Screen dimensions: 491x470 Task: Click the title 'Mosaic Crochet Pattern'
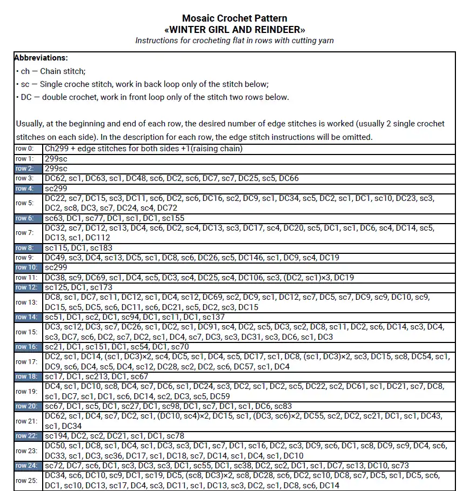[x=234, y=18]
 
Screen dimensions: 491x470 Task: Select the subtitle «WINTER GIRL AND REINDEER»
[x=234, y=29]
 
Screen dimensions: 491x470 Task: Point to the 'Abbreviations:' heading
[x=41, y=58]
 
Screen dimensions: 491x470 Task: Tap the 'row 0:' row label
[x=24, y=149]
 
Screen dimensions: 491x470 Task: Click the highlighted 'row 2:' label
[x=24, y=169]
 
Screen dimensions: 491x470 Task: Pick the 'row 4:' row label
[x=24, y=189]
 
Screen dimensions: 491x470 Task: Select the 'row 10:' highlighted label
[x=26, y=267]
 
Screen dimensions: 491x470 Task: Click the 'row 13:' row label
[x=26, y=302]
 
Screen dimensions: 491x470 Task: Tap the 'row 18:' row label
[x=26, y=376]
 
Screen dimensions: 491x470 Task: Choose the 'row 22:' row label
[x=26, y=436]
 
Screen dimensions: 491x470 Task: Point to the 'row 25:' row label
[x=26, y=481]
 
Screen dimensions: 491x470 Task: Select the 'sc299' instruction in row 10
[x=56, y=267]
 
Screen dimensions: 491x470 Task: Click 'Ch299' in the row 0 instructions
[x=56, y=149]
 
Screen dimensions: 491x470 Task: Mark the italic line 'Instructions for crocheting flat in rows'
[x=234, y=41]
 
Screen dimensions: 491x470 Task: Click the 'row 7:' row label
[x=24, y=233]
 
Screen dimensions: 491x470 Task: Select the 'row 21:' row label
[x=26, y=421]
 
